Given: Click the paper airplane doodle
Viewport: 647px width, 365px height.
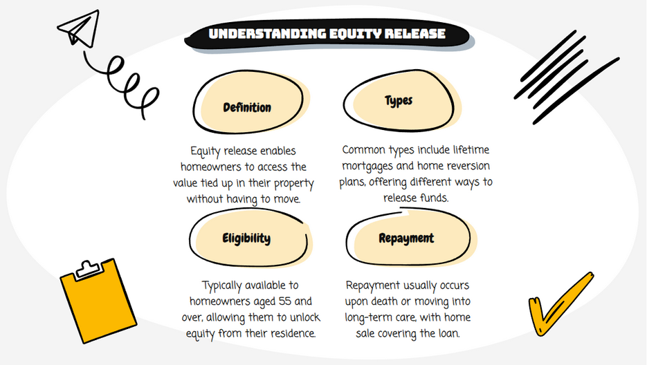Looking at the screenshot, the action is click(79, 28).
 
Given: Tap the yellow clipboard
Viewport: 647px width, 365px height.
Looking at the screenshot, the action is click(98, 301).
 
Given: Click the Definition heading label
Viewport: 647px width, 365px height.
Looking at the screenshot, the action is click(247, 108).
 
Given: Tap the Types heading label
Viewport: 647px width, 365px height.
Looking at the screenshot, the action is click(399, 101).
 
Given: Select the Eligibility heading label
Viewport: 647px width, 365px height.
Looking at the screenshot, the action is click(246, 238).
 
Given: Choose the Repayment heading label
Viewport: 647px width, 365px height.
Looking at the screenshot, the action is click(406, 238).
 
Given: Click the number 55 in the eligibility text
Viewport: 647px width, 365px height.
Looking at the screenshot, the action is click(284, 301).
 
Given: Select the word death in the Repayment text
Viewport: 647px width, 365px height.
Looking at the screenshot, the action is click(385, 301).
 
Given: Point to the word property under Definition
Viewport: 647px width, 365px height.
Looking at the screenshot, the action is click(294, 183).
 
